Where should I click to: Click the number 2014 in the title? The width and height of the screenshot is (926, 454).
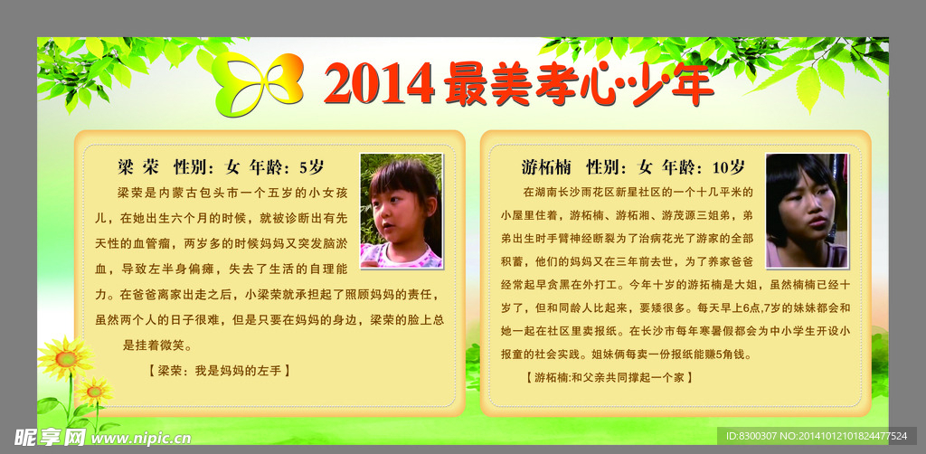tap(379, 84)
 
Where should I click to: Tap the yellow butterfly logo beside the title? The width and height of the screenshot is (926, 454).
tap(258, 83)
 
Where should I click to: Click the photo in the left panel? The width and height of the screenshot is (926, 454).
tap(402, 211)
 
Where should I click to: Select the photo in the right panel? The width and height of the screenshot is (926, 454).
tap(807, 211)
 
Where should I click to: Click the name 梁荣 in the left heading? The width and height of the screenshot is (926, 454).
tap(138, 167)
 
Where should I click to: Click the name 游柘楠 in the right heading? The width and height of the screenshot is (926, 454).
tap(546, 167)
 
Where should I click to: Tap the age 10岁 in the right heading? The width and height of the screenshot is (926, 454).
tap(729, 167)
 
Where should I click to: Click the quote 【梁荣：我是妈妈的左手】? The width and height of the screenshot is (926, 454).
tap(220, 371)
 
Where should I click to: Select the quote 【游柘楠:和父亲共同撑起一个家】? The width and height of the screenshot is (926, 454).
tap(608, 376)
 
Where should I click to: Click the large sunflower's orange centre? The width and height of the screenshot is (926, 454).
tap(65, 358)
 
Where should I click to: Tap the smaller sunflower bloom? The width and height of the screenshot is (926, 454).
tap(94, 391)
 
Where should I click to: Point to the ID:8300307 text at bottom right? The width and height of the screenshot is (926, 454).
tap(753, 436)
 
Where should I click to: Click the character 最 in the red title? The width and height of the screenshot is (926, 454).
tap(468, 84)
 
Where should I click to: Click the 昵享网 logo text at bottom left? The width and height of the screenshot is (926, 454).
tap(50, 437)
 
